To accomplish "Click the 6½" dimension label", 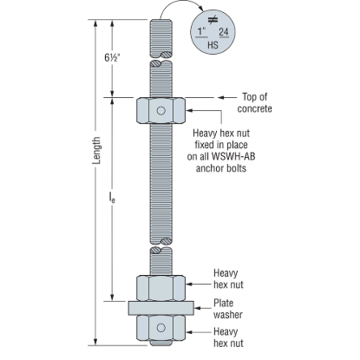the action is (112, 58).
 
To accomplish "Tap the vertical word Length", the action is (97, 151).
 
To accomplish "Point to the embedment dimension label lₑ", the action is (112, 198).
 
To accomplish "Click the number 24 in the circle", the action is (224, 32).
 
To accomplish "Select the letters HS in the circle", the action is (213, 45).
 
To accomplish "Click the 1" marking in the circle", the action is (202, 31).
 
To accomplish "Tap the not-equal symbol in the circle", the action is (213, 20).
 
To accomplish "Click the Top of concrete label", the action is (254, 103).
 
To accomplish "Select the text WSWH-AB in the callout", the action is (233, 156).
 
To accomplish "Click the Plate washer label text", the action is (228, 309).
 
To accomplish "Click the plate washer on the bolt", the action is (161, 308).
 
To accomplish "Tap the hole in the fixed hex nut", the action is (161, 111).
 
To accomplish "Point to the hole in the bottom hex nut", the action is (161, 328).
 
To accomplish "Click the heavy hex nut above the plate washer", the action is (161, 288).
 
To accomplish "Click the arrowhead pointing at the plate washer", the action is (198, 308).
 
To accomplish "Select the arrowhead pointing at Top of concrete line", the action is (221, 98).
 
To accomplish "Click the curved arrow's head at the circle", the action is (202, 12).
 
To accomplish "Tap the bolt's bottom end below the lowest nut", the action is (161, 343).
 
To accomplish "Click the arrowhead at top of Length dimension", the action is (95, 23).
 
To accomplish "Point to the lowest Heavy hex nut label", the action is (228, 337).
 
